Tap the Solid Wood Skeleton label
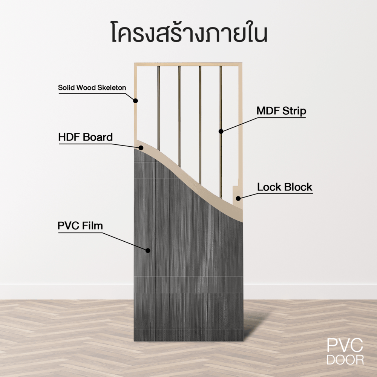[92, 88]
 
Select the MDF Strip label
[281, 111]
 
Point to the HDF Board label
[85, 137]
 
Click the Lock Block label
[285, 187]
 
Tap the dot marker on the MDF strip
[221, 131]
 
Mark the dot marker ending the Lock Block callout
[238, 198]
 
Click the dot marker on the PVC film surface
[148, 250]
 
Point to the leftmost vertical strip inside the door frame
[159, 106]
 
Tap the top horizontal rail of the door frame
[188, 64]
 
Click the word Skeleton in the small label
[112, 88]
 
